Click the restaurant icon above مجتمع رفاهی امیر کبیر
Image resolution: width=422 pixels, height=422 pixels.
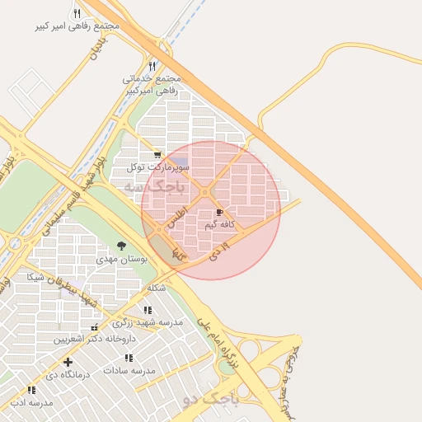coord(77,13)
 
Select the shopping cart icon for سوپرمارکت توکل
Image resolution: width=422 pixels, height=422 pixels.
coord(157,154)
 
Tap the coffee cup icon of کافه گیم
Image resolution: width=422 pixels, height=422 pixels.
coord(219,212)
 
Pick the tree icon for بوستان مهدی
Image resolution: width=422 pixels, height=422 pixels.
coord(122,246)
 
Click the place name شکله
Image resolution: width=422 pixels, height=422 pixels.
coord(156,288)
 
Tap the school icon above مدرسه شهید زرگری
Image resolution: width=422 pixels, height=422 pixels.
coord(148,310)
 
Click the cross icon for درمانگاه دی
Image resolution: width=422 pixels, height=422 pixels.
coord(68,362)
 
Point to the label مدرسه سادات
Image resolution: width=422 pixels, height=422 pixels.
coord(129,371)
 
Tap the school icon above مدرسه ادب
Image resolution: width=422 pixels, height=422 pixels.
coord(31,390)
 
